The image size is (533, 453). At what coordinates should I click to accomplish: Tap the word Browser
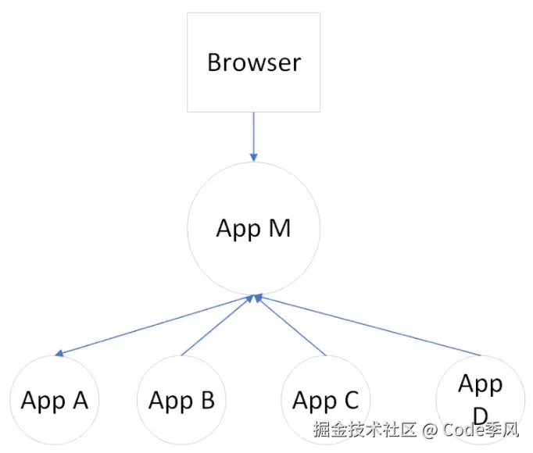254,62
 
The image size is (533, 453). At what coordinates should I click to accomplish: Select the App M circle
253,229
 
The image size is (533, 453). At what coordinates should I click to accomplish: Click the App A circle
55,400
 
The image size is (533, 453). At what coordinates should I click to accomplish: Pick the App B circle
181,400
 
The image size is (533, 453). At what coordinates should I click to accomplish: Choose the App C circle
326,400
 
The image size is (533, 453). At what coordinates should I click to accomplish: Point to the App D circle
479,397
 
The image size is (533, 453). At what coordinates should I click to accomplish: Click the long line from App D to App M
367,325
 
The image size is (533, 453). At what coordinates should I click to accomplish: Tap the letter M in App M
279,229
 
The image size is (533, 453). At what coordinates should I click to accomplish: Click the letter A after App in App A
79,401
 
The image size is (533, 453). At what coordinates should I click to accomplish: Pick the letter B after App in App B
206,401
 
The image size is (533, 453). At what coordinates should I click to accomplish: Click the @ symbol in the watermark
429,429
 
